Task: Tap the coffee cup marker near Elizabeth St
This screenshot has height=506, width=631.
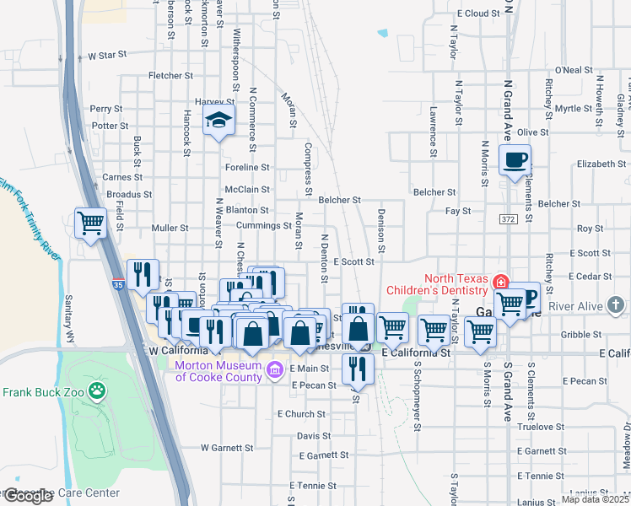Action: pos(515,159)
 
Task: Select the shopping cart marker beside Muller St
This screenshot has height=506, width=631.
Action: pos(91,223)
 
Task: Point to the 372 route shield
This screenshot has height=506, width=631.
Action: pos(506,219)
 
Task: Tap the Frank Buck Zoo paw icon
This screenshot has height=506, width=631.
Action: pos(99,391)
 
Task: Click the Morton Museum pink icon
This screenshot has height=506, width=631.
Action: pos(274,369)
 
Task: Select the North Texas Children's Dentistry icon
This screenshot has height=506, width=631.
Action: pos(502,282)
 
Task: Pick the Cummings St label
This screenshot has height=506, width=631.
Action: pos(263,226)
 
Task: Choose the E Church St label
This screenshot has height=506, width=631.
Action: pos(303,414)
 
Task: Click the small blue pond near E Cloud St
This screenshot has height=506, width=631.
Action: pos(384,34)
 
